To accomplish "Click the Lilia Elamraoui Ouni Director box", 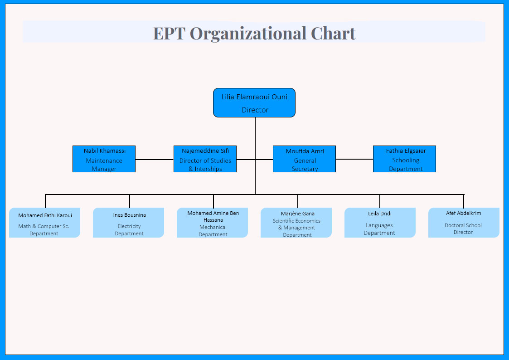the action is pos(254,102).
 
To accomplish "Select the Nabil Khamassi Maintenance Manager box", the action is pos(104,159).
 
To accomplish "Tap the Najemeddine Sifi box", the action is pos(205,159).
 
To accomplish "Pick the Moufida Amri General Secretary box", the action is pos(304,159).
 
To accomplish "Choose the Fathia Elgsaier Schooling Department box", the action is pos(404,159).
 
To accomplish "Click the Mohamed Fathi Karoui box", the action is pos(44,223).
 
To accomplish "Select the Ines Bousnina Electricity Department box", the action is pos(129,223).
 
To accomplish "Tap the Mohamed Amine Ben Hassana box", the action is pos(212,223).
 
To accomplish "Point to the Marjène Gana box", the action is pos(296,223).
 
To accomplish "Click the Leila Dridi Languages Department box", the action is pos(380,223).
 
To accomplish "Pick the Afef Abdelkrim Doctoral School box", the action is pos(464,223).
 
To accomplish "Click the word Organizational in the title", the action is pos(248,34).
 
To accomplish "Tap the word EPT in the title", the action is pos(169,34).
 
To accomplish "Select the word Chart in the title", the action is pos(333,33).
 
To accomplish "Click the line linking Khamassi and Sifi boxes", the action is pos(155,160).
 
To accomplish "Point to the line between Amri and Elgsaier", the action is pos(354,159).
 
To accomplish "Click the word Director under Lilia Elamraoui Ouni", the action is pos(255,110).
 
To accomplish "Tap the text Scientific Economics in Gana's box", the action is pos(296,221).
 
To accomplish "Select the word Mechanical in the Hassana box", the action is pos(213,227).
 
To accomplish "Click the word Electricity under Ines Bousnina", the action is pos(129,226).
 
